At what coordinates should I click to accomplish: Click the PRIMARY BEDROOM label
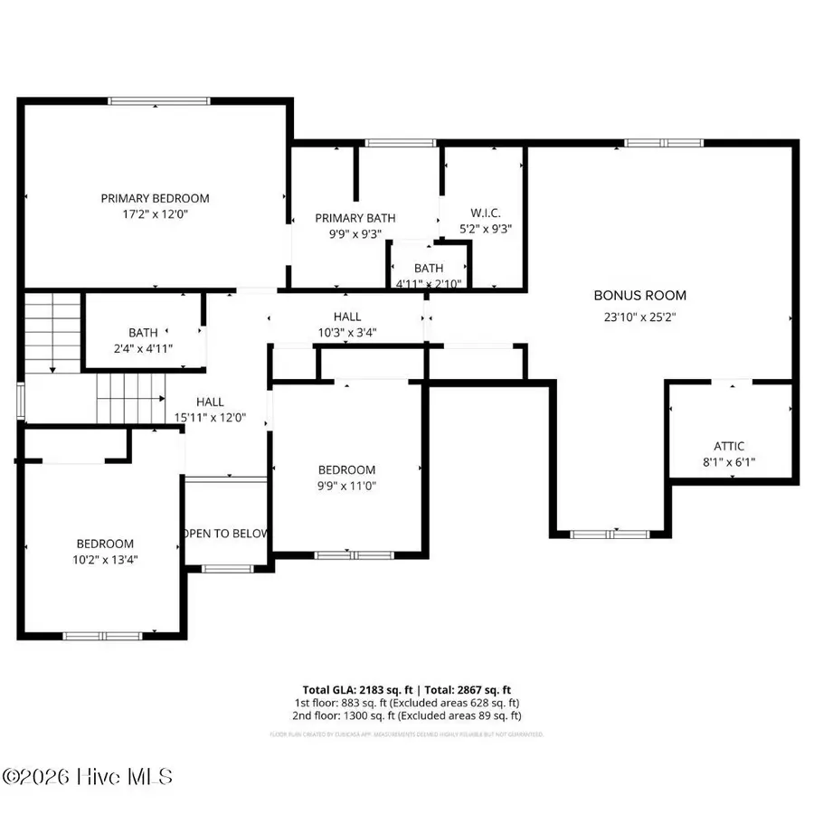[155, 198]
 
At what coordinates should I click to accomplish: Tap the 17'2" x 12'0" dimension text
[155, 214]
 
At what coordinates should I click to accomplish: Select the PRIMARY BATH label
[355, 218]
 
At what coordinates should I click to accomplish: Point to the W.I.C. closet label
[479, 213]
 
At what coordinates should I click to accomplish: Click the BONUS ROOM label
[639, 295]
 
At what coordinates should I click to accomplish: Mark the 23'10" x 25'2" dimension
[639, 317]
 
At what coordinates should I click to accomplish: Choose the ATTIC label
[729, 446]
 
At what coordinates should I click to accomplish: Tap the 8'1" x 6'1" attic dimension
[729, 462]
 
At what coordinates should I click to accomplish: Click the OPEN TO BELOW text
[226, 534]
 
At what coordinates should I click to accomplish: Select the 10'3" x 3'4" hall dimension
[346, 332]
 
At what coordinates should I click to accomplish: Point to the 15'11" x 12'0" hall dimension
[210, 418]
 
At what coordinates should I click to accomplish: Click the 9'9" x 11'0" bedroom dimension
[346, 486]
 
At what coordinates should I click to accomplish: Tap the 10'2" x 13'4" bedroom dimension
[105, 560]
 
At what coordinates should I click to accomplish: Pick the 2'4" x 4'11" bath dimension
[143, 348]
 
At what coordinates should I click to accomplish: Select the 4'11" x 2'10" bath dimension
[429, 283]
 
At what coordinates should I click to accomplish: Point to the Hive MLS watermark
[87, 777]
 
